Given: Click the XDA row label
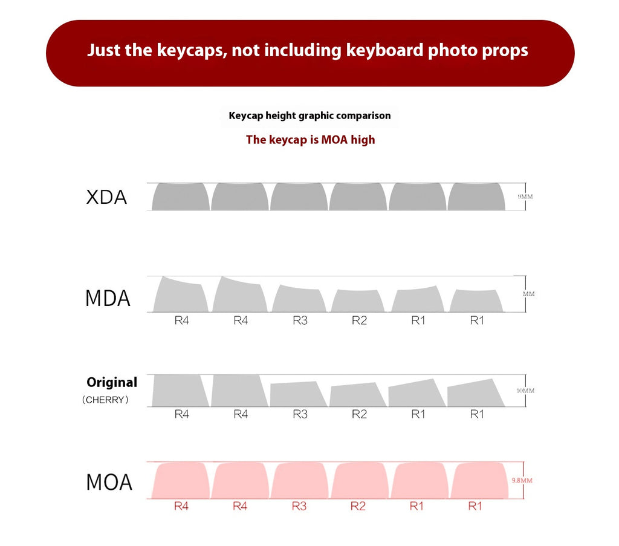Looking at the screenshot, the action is coord(106,197).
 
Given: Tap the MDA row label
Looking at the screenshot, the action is coord(108,298).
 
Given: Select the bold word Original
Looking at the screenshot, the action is coord(112,382).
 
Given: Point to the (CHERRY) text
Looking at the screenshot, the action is coord(105,400).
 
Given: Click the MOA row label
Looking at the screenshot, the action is coord(109,482).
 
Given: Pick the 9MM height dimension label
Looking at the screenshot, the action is coord(525,197).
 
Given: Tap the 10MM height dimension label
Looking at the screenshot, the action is coord(525,391).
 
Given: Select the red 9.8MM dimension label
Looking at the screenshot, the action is coord(522,481).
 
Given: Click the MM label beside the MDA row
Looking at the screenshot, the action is coord(528,294).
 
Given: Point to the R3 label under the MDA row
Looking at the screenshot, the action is coord(300,320).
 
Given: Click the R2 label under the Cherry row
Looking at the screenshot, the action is coord(359,414).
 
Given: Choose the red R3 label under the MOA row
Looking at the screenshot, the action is coord(299,505).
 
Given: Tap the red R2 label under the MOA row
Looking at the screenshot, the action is coord(358,505).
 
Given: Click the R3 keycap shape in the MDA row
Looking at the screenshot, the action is coord(299,299).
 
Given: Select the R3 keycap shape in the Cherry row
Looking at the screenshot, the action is coord(298,394).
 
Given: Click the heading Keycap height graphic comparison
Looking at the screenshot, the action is coord(309,115).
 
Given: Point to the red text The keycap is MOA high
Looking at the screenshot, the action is coord(310,140).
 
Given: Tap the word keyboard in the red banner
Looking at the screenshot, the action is coord(385,50).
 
